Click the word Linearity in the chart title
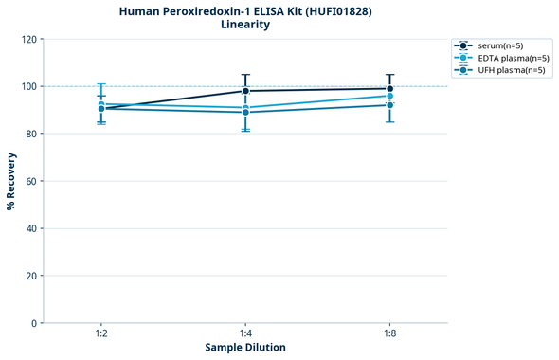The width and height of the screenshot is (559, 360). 244,25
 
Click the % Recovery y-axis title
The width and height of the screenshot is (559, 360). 11,180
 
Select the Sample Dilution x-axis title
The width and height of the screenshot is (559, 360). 245,348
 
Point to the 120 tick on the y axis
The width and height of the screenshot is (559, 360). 29,39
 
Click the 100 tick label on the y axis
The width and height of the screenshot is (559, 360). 29,86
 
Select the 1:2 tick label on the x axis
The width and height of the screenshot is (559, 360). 101,334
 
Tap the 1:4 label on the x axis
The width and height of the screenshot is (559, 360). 245,334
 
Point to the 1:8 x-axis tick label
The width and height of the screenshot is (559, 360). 390,334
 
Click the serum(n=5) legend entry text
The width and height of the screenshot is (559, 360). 498,45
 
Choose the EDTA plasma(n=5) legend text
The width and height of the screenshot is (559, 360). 512,58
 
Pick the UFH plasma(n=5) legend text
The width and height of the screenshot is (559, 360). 511,70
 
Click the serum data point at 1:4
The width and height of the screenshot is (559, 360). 245,91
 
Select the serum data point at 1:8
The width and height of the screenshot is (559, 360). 390,89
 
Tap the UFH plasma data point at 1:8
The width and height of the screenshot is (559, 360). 390,105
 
